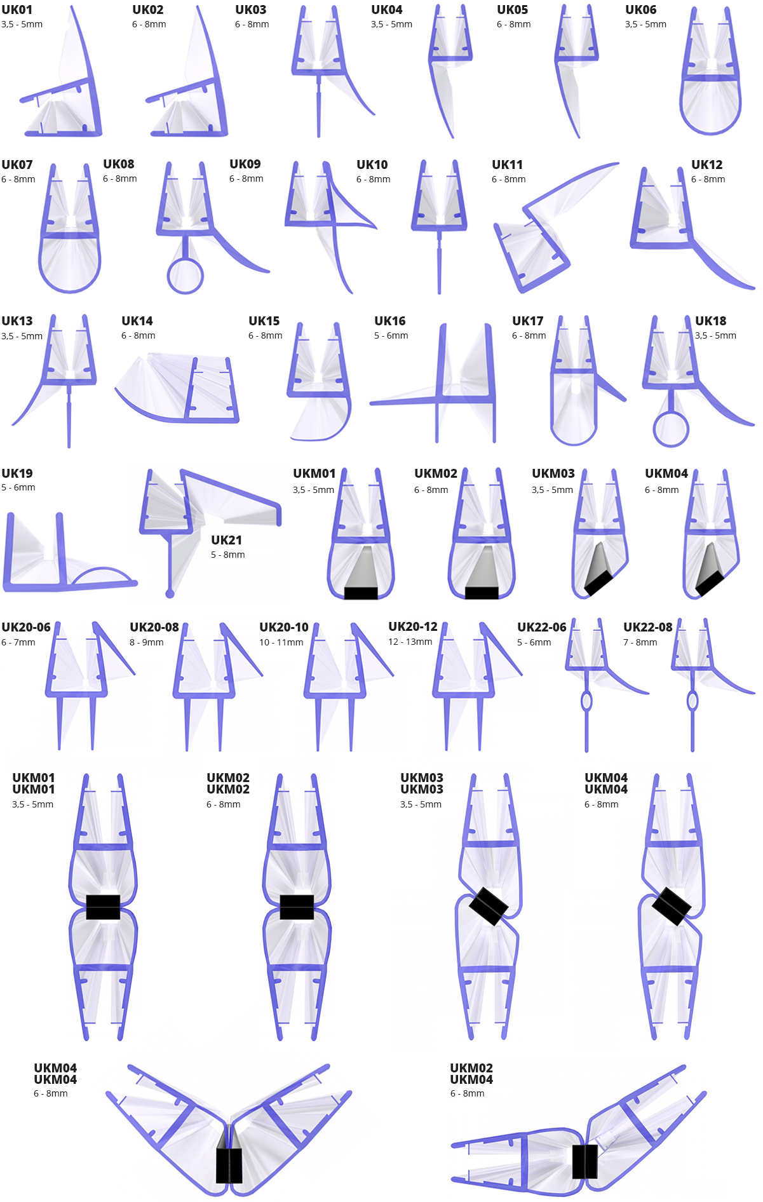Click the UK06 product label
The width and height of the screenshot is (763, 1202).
[x=640, y=10]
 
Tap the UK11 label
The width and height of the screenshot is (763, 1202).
[x=507, y=165]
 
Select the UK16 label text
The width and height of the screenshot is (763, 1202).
[x=389, y=321]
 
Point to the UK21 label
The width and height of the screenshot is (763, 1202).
[x=226, y=540]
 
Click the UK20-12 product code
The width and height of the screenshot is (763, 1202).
[x=413, y=626]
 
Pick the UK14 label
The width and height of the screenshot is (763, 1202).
[x=137, y=321]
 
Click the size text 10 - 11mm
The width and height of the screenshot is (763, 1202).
[x=281, y=642]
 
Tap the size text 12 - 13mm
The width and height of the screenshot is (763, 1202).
[x=410, y=642]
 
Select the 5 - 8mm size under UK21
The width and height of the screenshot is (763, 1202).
[x=228, y=555]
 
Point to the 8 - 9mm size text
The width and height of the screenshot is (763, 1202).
[x=147, y=642]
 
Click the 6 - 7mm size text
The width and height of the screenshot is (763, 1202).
[x=18, y=642]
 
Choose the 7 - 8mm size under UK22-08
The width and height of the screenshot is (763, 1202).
[x=640, y=642]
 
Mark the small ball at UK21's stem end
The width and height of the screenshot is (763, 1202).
[x=170, y=594]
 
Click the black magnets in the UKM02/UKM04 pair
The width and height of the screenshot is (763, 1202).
[x=584, y=1161]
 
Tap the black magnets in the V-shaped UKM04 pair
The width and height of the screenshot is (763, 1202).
[x=229, y=1165]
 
